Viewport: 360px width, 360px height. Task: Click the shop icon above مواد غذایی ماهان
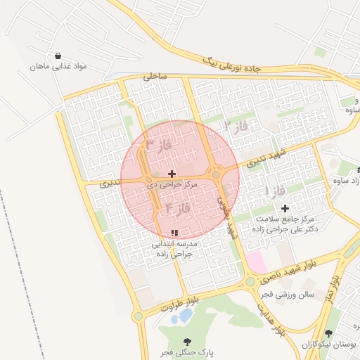coord(57,56)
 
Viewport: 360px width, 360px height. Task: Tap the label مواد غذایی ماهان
coord(58,67)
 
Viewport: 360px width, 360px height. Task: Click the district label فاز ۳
coord(159,146)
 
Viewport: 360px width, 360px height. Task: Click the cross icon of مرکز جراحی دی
coord(172,173)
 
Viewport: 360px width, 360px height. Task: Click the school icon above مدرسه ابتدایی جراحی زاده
coord(174,233)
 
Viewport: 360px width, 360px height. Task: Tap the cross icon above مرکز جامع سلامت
coord(285,208)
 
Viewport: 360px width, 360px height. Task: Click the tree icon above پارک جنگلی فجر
coord(186,342)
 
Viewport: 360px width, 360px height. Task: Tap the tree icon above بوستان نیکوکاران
coord(329,334)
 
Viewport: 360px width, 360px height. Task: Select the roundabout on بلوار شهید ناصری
coord(250,283)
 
